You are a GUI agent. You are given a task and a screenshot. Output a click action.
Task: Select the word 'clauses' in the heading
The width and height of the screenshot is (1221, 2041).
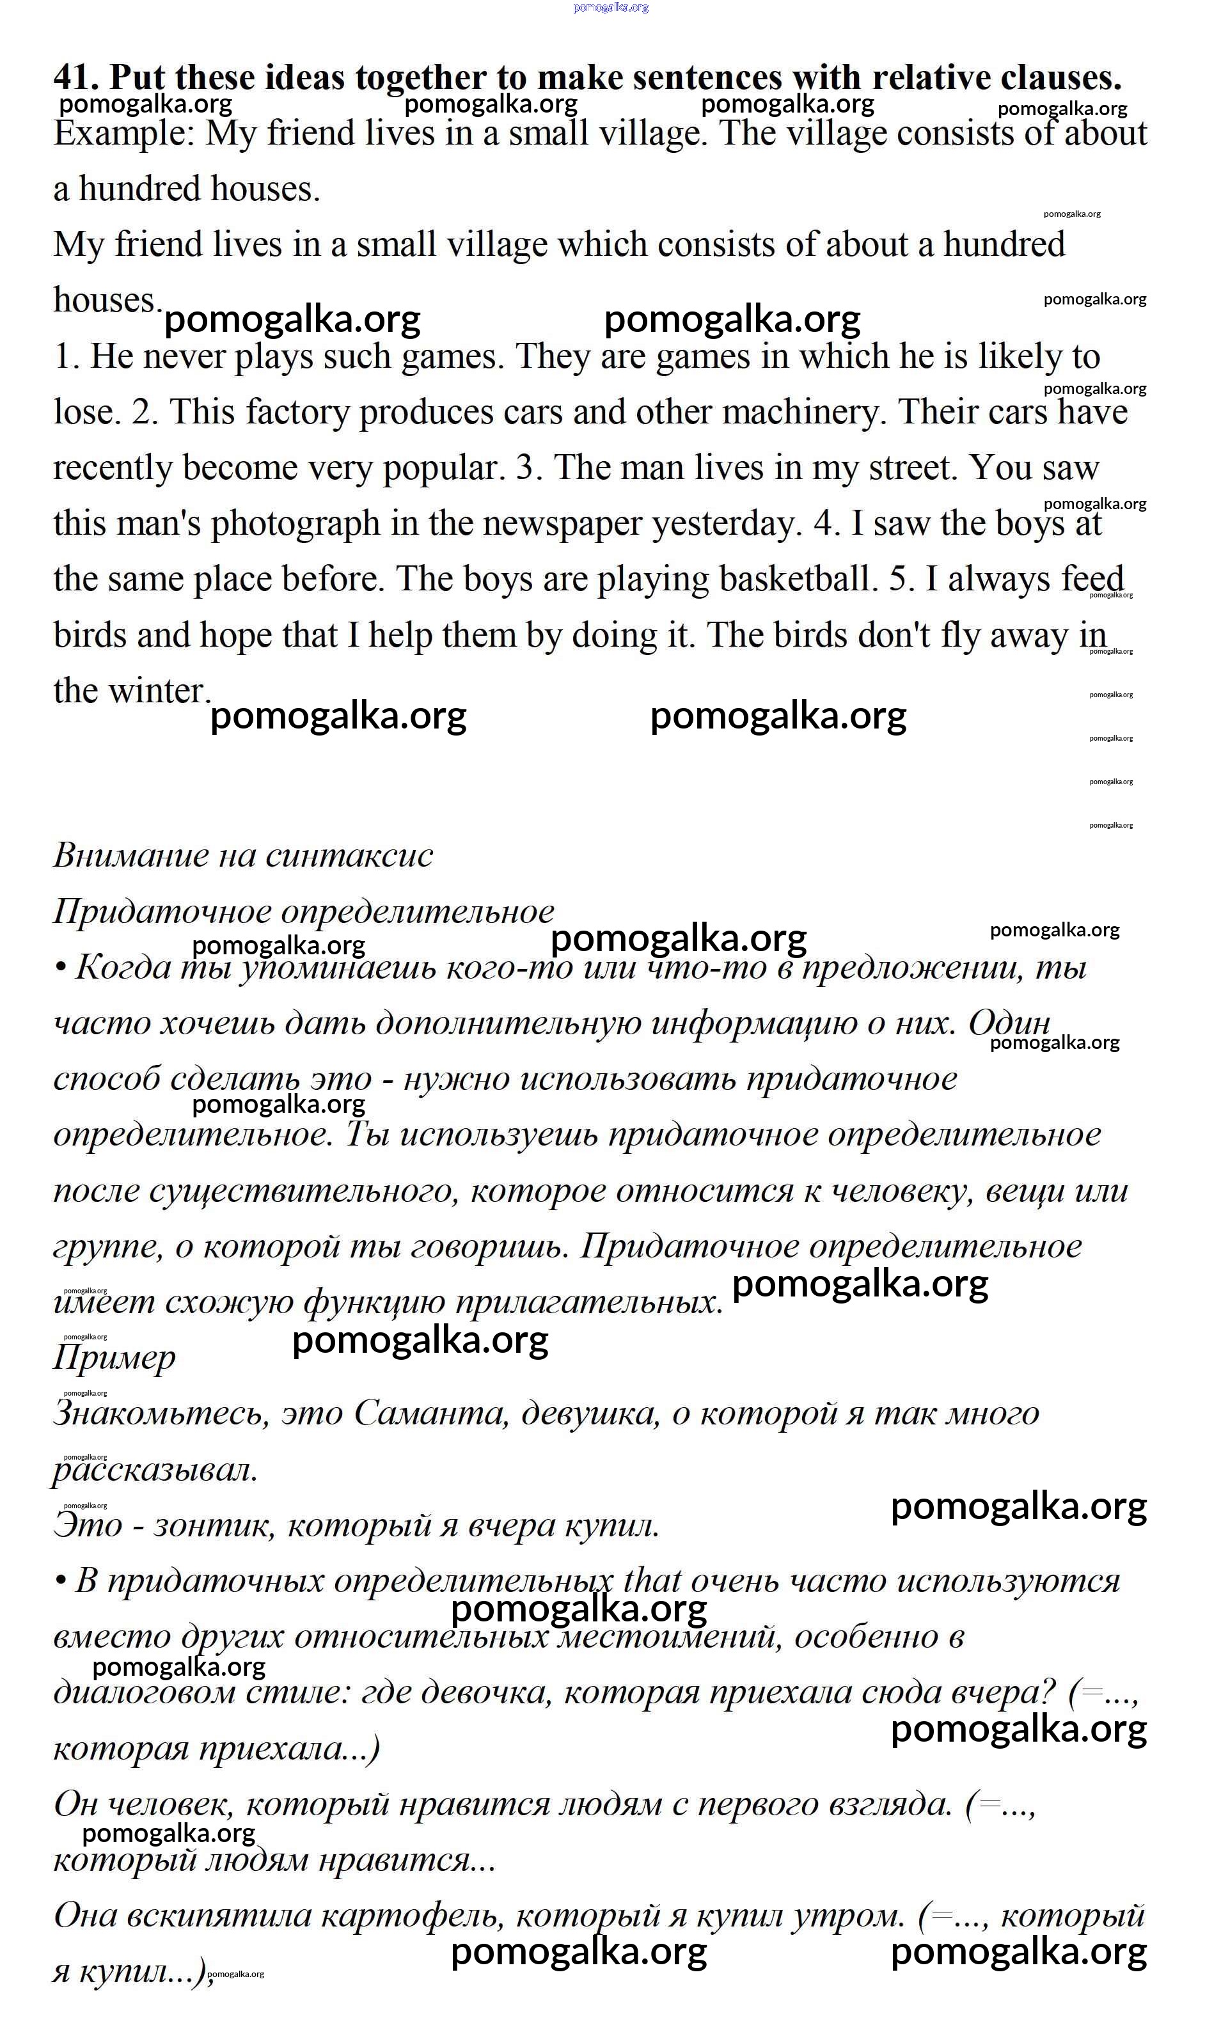click(1060, 77)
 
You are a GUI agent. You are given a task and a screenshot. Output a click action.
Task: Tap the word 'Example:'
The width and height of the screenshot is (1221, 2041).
click(124, 133)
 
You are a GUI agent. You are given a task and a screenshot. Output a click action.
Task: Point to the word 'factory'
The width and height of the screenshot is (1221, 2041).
click(297, 411)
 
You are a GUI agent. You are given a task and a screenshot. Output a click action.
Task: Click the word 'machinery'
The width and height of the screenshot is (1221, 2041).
click(801, 411)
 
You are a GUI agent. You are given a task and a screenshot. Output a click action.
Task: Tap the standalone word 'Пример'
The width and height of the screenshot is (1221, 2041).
click(114, 1357)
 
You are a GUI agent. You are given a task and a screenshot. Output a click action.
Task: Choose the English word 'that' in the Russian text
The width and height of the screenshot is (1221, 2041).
click(652, 1580)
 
